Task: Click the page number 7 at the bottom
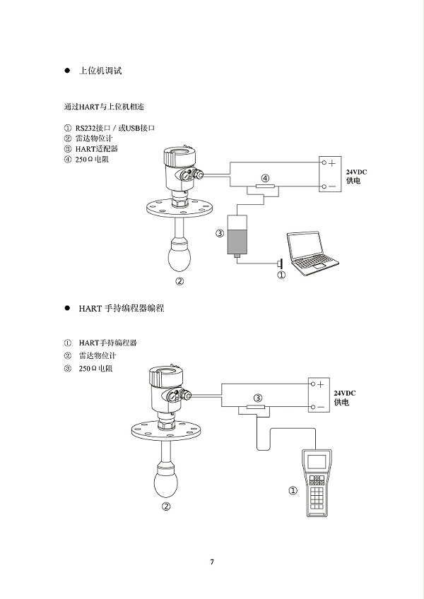click(x=211, y=562)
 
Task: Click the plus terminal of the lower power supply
click(x=319, y=384)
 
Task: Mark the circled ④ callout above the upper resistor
click(x=265, y=178)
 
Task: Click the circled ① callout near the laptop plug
click(x=281, y=275)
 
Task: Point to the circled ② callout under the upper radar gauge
click(x=179, y=280)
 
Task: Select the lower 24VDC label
click(x=345, y=393)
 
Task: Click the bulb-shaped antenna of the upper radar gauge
click(x=180, y=254)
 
